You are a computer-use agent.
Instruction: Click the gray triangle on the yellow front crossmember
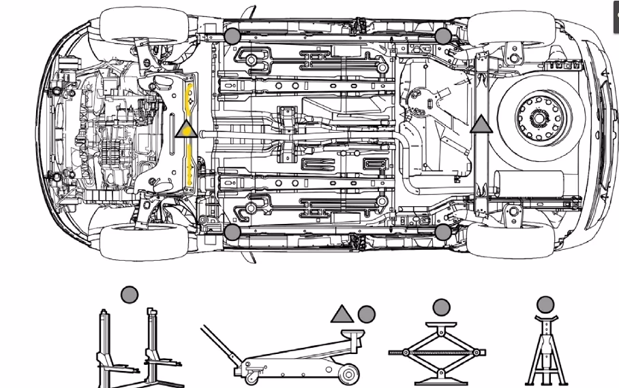tap(185, 128)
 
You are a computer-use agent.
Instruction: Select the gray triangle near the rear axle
tap(481, 124)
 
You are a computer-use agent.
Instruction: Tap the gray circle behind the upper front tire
tap(232, 36)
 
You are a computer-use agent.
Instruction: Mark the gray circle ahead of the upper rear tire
tap(443, 36)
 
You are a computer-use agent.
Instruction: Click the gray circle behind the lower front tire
tap(232, 232)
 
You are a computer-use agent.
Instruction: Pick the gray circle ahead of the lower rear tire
tap(443, 232)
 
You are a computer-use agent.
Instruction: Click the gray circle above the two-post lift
tap(130, 295)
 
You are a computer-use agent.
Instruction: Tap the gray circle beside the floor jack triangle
tap(367, 314)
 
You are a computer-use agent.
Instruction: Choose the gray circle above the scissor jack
tap(441, 308)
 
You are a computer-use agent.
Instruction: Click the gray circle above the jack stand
tap(545, 304)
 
